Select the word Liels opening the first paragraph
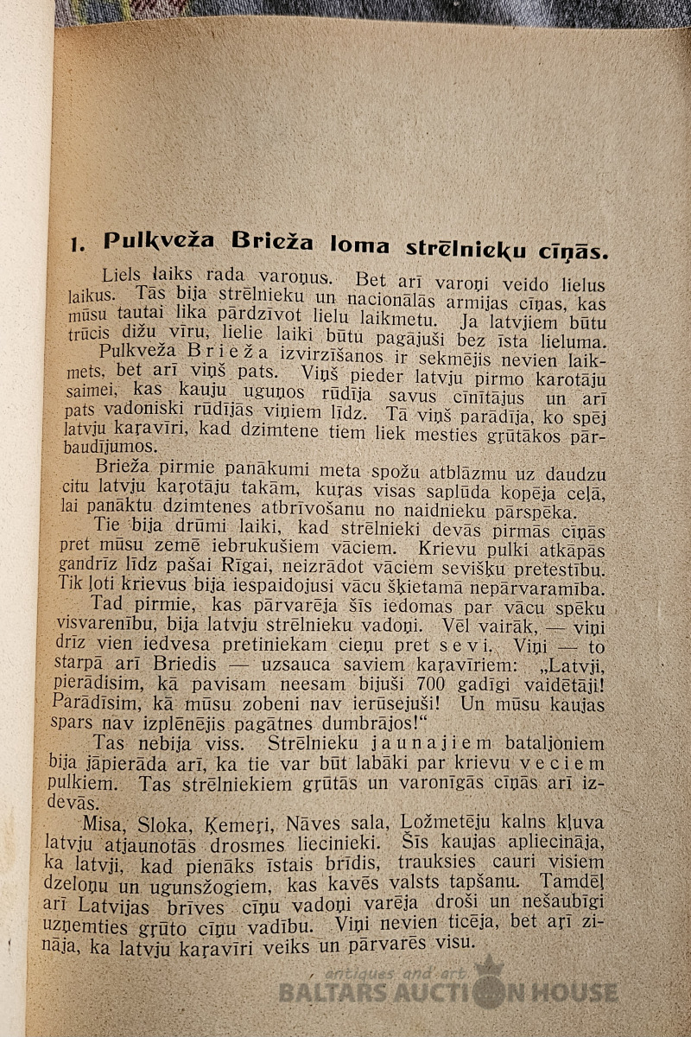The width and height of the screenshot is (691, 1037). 122,277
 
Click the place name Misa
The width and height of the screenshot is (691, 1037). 103,822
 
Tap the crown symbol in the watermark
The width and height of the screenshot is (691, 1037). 489,967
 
